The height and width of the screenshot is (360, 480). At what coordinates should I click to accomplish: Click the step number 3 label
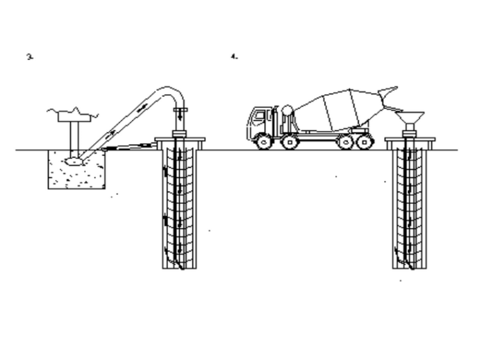pyautogui.click(x=29, y=57)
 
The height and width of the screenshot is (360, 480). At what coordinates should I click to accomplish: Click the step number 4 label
pyautogui.click(x=234, y=57)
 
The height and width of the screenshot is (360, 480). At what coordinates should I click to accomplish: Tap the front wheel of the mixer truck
pyautogui.click(x=264, y=141)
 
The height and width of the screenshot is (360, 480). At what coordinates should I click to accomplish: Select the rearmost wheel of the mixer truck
pyautogui.click(x=365, y=141)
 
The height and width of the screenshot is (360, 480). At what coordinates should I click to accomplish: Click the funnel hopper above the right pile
pyautogui.click(x=409, y=117)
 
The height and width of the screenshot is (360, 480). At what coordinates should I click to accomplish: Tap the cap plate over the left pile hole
pyautogui.click(x=179, y=140)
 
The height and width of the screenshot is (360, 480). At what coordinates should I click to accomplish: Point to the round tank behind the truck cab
pyautogui.click(x=287, y=112)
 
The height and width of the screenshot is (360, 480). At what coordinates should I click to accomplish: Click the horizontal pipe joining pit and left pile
pyautogui.click(x=129, y=147)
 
